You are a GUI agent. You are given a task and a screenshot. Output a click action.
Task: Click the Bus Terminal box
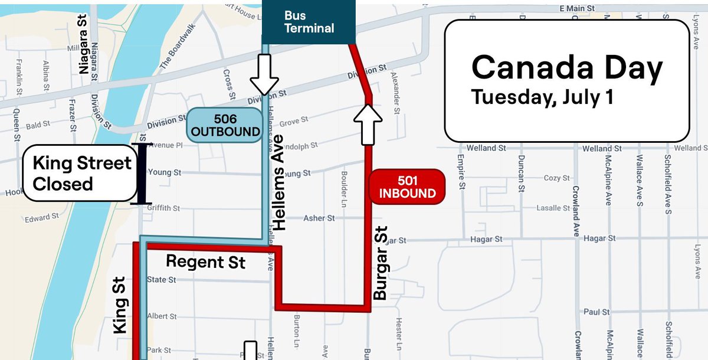pyautogui.click(x=309, y=22)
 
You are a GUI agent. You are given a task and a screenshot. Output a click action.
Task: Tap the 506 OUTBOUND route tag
pyautogui.click(x=225, y=125)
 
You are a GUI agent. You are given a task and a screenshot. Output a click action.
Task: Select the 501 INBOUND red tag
pyautogui.click(x=407, y=186)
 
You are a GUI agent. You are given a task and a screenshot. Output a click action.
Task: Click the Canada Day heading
pyautogui.click(x=566, y=68)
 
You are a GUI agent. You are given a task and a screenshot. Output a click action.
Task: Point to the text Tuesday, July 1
pyautogui.click(x=542, y=97)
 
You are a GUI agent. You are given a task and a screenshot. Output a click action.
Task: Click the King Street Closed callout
pyautogui.click(x=77, y=173)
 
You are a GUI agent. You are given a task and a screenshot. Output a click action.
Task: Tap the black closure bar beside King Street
pyautogui.click(x=141, y=174)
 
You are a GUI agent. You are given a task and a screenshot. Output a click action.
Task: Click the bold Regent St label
pyautogui.click(x=205, y=261)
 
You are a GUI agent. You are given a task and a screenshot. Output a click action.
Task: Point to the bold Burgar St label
pyautogui.click(x=381, y=262)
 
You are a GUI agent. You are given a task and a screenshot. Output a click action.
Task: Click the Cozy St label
pyautogui.click(x=556, y=178)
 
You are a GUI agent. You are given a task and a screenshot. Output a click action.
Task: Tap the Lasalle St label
pyautogui.click(x=552, y=208)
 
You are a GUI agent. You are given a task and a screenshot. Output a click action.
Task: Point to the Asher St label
pyautogui.click(x=319, y=218)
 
